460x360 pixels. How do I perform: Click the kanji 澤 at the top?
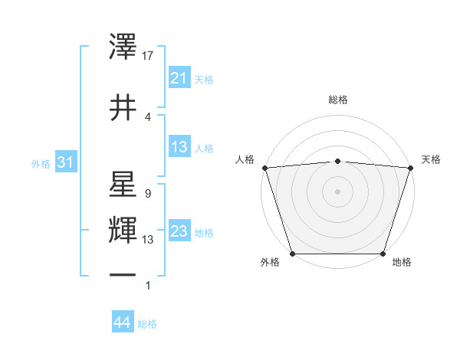point(123,49)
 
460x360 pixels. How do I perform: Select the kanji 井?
point(123,106)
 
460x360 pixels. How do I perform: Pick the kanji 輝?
point(123,230)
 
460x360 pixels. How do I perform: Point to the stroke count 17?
point(148,56)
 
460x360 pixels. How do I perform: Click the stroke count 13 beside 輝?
point(148,239)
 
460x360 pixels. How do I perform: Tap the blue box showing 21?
point(179,78)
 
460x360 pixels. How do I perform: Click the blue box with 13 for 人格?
point(179,148)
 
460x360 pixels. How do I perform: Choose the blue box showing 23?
point(179,232)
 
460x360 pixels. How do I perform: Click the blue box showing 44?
point(122,323)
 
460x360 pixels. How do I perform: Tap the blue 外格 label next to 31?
point(41,164)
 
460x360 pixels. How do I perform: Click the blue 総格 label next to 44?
point(147,324)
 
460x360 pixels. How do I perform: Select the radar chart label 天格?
point(431,159)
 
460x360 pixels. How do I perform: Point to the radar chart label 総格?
point(337,100)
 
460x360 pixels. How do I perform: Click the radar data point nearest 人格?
point(264,168)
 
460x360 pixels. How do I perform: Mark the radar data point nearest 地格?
point(383,254)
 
